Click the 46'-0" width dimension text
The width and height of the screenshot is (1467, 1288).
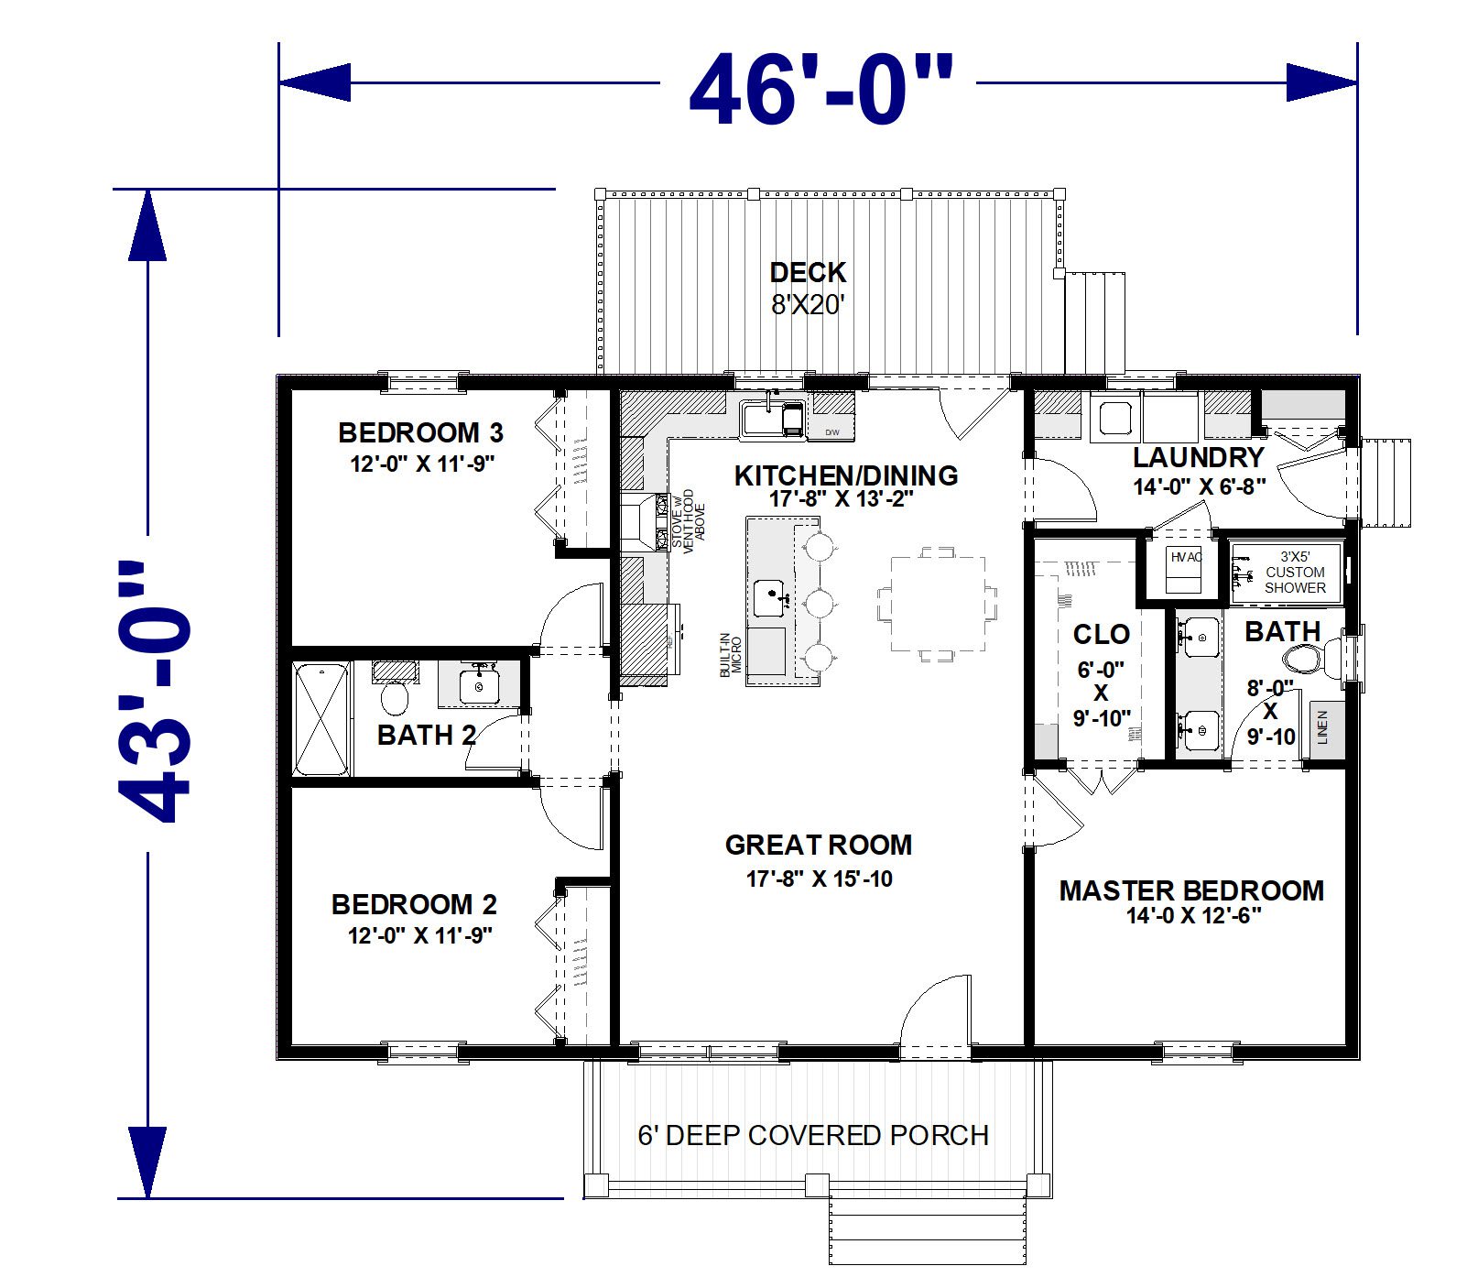[820, 90]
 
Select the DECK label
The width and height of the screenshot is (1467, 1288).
[808, 272]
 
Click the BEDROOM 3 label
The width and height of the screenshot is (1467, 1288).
[421, 432]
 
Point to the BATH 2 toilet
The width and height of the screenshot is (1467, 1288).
[395, 693]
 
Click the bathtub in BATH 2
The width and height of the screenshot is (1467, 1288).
[321, 720]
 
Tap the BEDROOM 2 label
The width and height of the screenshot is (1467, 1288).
[414, 905]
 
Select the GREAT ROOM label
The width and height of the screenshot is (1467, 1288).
[819, 845]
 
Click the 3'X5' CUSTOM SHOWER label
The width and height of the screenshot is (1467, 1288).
[1295, 572]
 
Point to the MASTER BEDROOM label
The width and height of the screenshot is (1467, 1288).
[1191, 890]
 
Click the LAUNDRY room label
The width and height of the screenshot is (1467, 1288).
[1199, 457]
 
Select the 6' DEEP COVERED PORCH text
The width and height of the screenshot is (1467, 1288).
[813, 1136]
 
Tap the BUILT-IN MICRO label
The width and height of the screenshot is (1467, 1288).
[730, 655]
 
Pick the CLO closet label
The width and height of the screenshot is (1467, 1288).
[1102, 634]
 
